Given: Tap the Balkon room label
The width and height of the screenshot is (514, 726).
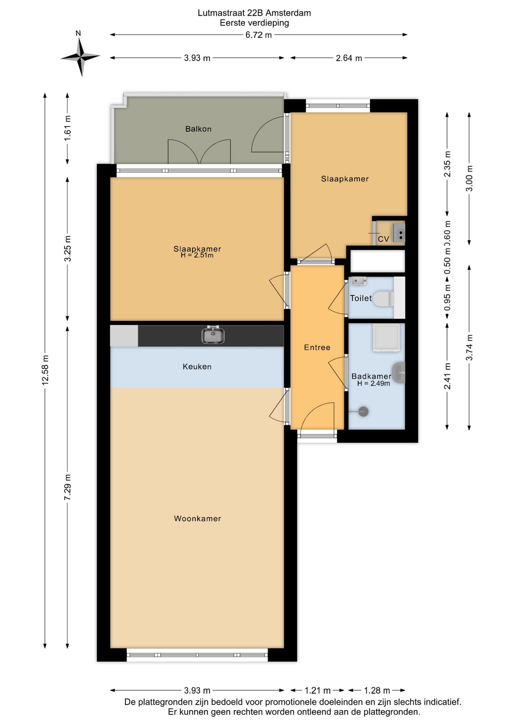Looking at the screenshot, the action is point(198,129).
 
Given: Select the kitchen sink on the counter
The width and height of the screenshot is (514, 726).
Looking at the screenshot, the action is point(213,335).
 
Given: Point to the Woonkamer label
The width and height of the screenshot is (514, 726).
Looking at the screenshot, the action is point(198,518).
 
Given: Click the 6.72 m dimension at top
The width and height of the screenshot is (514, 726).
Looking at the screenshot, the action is point(259,35).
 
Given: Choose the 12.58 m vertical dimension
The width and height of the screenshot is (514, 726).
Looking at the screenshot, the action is point(45,370).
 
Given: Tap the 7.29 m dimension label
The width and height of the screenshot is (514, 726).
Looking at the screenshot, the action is point(67,487).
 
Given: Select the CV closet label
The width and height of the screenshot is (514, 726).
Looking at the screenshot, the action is point(383,239).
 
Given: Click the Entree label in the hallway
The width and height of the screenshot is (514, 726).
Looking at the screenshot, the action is point(317,347).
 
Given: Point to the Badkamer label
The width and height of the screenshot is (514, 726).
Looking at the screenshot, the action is point(371,376).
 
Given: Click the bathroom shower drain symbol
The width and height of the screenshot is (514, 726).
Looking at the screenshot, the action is point(363,411).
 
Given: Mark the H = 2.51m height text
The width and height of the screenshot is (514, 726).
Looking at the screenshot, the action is point(197,255).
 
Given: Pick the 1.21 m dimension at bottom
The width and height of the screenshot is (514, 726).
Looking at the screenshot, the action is point(318,690).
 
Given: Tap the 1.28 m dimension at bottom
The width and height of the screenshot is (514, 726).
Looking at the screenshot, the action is point(377,690).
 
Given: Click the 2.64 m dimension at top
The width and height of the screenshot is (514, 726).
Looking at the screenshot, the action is point(349,58).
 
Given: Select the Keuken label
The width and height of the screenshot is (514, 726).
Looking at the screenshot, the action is point(197,366).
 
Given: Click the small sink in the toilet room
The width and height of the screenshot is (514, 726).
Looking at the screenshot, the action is point(358,281).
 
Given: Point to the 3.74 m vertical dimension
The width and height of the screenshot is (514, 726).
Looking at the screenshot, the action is point(469,347).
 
